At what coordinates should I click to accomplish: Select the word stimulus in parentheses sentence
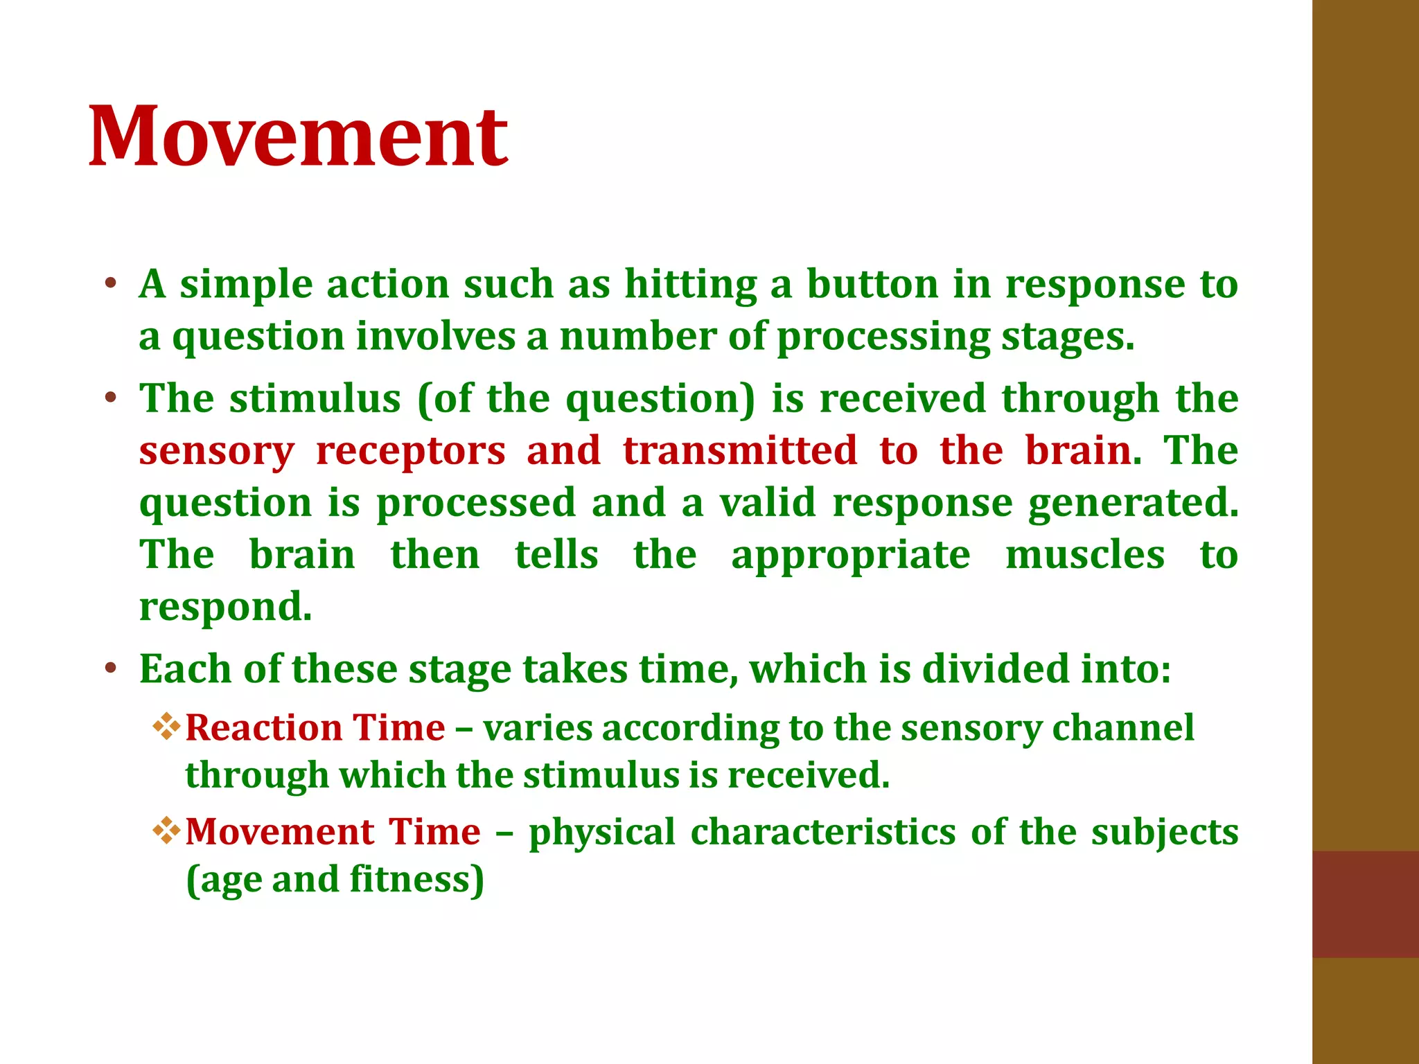click(x=315, y=399)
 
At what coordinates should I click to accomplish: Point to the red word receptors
click(x=410, y=452)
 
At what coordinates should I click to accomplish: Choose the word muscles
click(x=1084, y=556)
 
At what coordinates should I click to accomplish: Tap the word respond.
click(x=225, y=608)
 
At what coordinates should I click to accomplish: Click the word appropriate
click(x=850, y=557)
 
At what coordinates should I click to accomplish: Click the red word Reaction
click(x=263, y=728)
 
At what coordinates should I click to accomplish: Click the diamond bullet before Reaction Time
click(x=166, y=727)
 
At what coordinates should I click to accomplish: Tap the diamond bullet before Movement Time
click(x=166, y=831)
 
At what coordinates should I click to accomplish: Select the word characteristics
click(x=822, y=832)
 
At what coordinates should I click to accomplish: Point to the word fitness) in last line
click(x=416, y=880)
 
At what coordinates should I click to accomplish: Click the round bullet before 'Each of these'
click(x=110, y=669)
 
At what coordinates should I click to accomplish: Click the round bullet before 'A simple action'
click(x=110, y=284)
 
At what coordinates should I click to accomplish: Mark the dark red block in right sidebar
click(x=1365, y=904)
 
